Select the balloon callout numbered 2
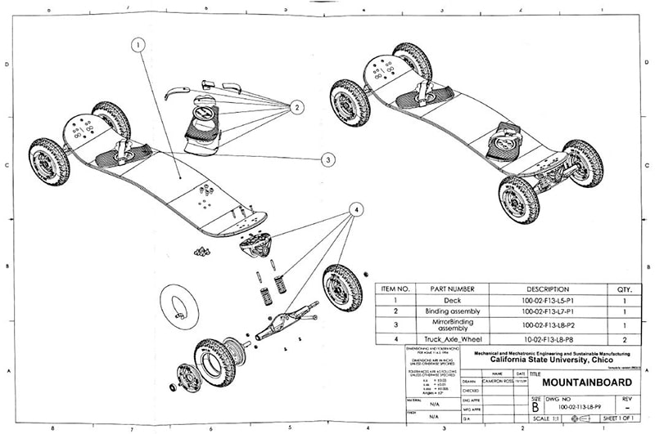[x=296, y=106]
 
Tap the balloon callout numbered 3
[x=327, y=159]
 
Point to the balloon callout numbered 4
[x=356, y=209]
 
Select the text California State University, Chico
[x=553, y=360]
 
